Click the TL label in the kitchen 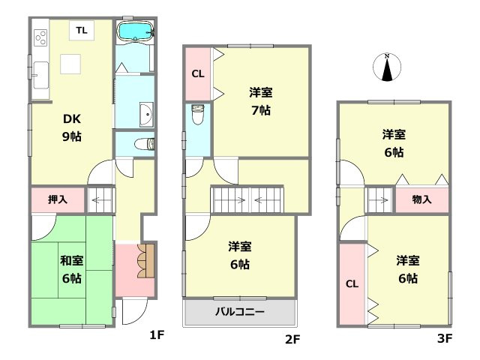point(80,30)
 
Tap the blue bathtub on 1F point(136,32)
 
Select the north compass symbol point(387,67)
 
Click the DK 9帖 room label point(71,127)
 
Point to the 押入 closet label point(58,199)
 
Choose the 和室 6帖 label point(71,269)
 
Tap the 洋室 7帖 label point(261,101)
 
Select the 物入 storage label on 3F point(422,199)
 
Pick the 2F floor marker point(292,339)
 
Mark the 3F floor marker point(445,339)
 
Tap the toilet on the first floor point(142,143)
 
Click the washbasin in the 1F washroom point(145,114)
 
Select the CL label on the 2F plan point(197,74)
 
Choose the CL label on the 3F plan point(351,283)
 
